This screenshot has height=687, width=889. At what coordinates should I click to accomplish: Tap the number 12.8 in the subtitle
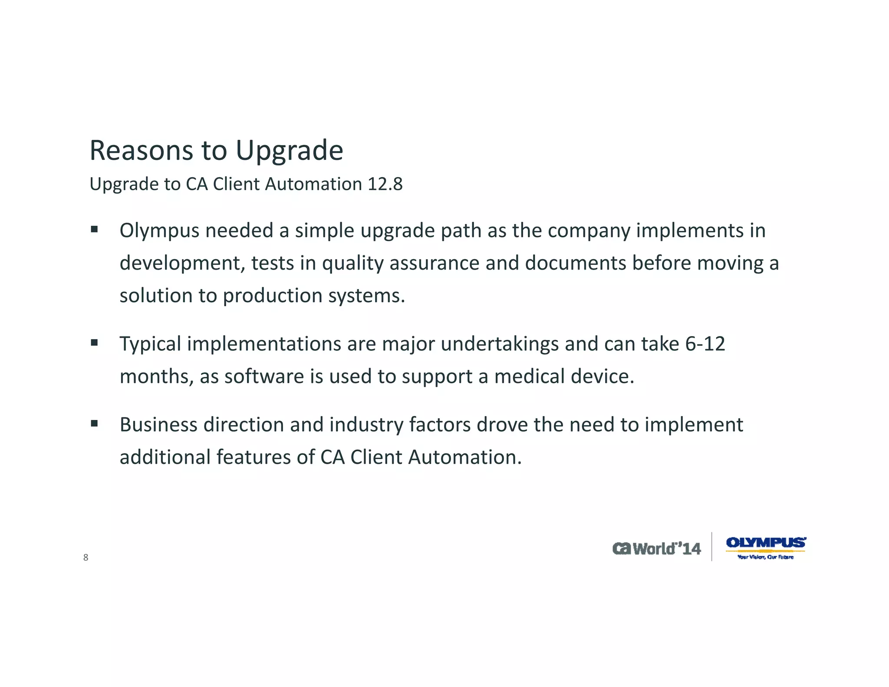click(x=385, y=184)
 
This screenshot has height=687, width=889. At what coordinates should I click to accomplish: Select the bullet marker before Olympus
click(x=94, y=229)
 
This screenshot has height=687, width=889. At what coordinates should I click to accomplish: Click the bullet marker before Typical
click(x=94, y=343)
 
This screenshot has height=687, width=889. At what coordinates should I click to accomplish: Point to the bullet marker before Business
click(x=94, y=423)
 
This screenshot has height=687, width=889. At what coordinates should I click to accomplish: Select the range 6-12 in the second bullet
click(x=705, y=344)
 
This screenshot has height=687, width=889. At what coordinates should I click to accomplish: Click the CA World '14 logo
click(x=656, y=548)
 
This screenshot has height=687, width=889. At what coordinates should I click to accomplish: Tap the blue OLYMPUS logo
click(x=766, y=542)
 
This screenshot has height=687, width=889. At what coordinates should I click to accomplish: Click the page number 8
click(x=86, y=558)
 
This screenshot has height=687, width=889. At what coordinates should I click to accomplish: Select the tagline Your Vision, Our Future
click(x=765, y=557)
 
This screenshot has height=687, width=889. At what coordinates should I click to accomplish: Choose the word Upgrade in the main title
click(x=289, y=151)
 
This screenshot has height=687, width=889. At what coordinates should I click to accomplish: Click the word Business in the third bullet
click(x=158, y=425)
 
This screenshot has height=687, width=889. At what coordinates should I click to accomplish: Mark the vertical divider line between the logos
click(x=712, y=546)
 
